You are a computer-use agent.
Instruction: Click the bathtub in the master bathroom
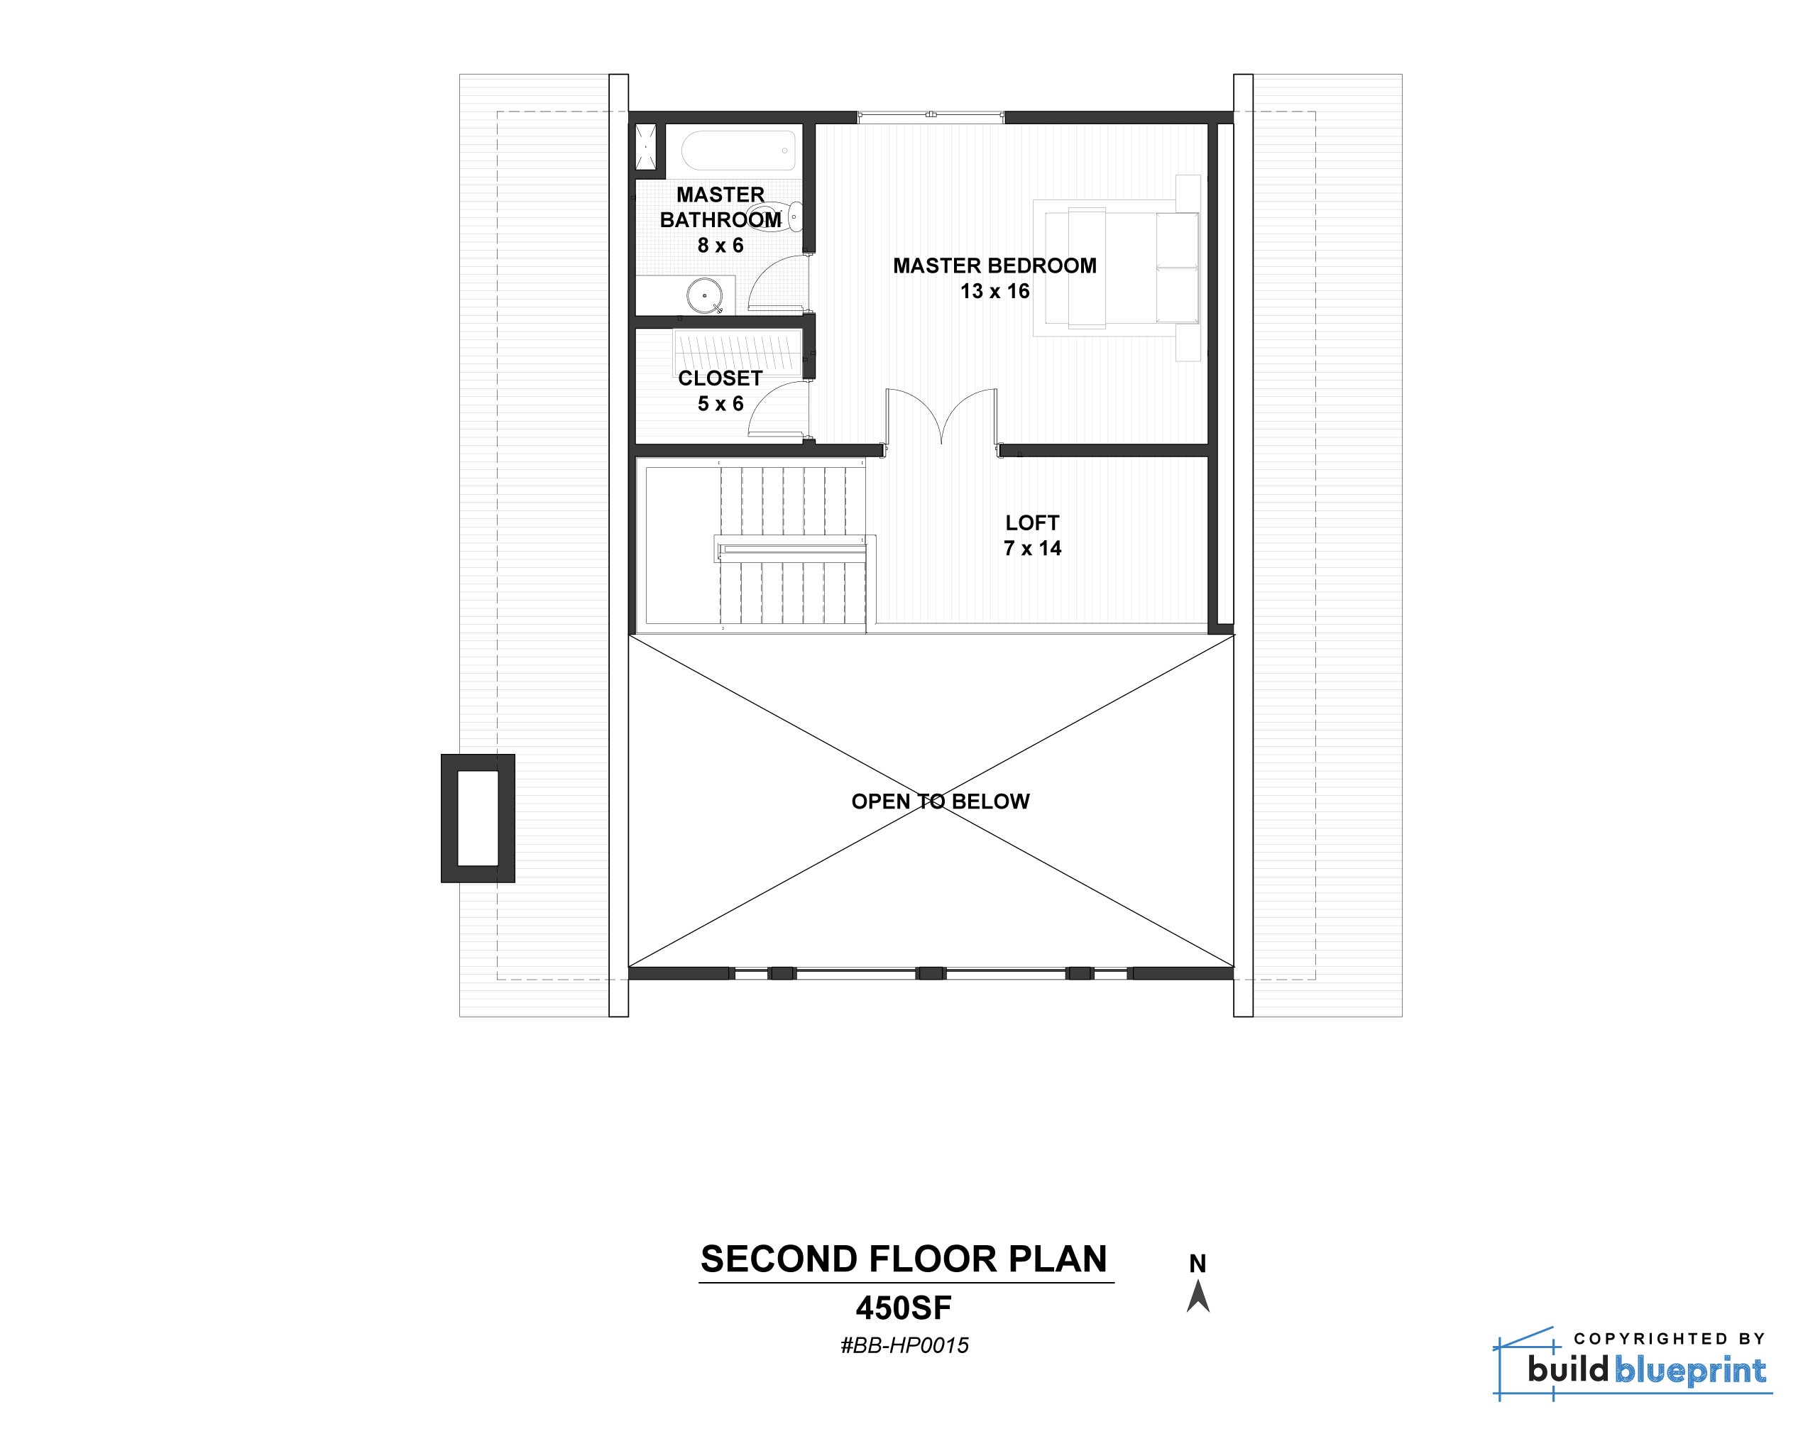pos(738,151)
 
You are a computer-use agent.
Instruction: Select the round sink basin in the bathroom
pos(704,295)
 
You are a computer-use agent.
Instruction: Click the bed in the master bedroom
pos(1117,268)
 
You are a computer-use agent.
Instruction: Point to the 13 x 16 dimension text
pos(994,291)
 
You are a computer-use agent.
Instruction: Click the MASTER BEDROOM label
pos(994,266)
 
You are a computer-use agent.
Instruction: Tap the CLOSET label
pos(719,378)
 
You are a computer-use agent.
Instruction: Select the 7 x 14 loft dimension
pos(1032,549)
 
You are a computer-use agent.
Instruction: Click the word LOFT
pos(1032,522)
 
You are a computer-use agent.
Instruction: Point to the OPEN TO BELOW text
pos(940,801)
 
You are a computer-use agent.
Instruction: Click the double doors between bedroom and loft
pos(942,415)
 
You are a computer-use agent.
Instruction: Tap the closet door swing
pos(776,408)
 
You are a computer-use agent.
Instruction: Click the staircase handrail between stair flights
pos(790,549)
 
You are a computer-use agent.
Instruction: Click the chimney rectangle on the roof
pos(478,818)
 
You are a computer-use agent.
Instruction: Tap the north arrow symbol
pos(1198,1297)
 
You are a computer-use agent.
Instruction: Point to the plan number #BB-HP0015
pos(904,1345)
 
